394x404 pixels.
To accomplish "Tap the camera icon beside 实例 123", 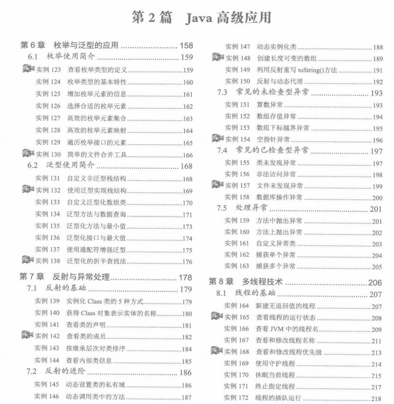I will [28, 70].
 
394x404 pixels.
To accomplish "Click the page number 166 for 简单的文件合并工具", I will [187, 155].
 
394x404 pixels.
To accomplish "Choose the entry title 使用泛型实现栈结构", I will [97, 190].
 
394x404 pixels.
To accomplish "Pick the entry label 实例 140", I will [48, 313].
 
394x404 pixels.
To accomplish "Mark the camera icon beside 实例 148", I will [218, 58].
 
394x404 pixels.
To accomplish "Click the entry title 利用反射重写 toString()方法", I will [297, 70].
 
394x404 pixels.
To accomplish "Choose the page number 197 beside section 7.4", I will [376, 151].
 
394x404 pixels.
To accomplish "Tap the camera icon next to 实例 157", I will [217, 185].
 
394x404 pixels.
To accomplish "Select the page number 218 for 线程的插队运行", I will [376, 398].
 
